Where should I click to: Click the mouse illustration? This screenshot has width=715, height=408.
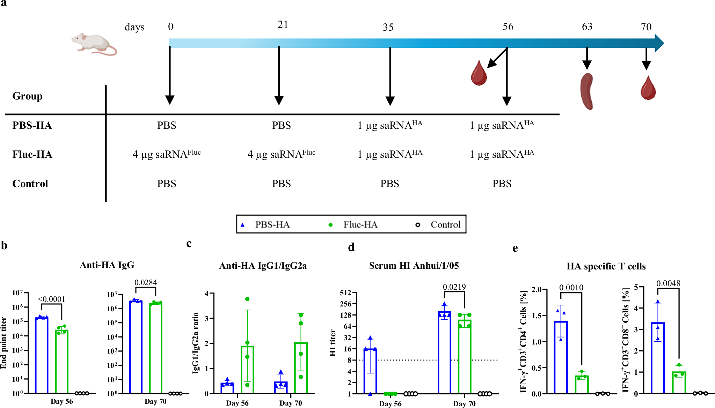[94, 44]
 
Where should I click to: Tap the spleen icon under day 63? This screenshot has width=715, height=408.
[587, 91]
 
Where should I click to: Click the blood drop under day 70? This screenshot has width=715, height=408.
[648, 88]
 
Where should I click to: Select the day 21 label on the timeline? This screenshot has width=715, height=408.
[283, 25]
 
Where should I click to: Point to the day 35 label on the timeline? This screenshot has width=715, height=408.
[388, 27]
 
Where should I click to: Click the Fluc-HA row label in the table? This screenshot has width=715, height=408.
[32, 154]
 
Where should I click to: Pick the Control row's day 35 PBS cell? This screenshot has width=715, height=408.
[389, 184]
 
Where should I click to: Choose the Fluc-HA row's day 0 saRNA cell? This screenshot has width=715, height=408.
[167, 154]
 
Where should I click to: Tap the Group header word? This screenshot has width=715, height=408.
[27, 96]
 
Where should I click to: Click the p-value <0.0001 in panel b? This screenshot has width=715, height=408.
[51, 299]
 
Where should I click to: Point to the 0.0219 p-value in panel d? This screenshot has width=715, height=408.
[454, 287]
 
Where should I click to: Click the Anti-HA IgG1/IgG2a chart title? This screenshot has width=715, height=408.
[263, 266]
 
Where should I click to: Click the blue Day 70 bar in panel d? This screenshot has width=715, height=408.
[444, 353]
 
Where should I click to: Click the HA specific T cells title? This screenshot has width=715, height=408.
[606, 266]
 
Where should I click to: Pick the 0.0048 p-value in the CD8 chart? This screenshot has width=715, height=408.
[668, 283]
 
